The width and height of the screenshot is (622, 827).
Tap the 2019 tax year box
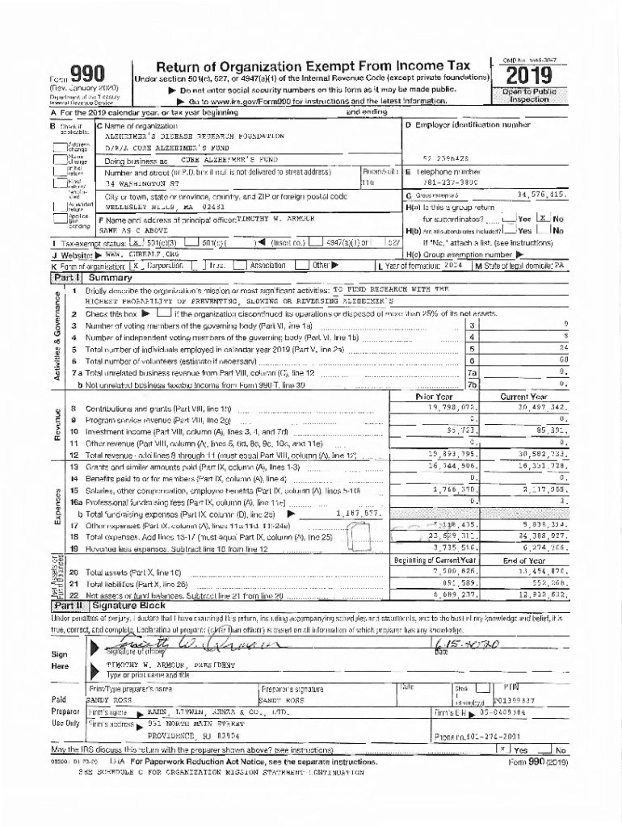[529, 76]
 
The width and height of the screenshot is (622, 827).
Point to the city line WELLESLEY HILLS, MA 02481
[151, 207]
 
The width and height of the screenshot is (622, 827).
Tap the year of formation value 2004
[452, 265]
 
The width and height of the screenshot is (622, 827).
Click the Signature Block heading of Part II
[129, 605]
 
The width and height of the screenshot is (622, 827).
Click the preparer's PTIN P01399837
[514, 701]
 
